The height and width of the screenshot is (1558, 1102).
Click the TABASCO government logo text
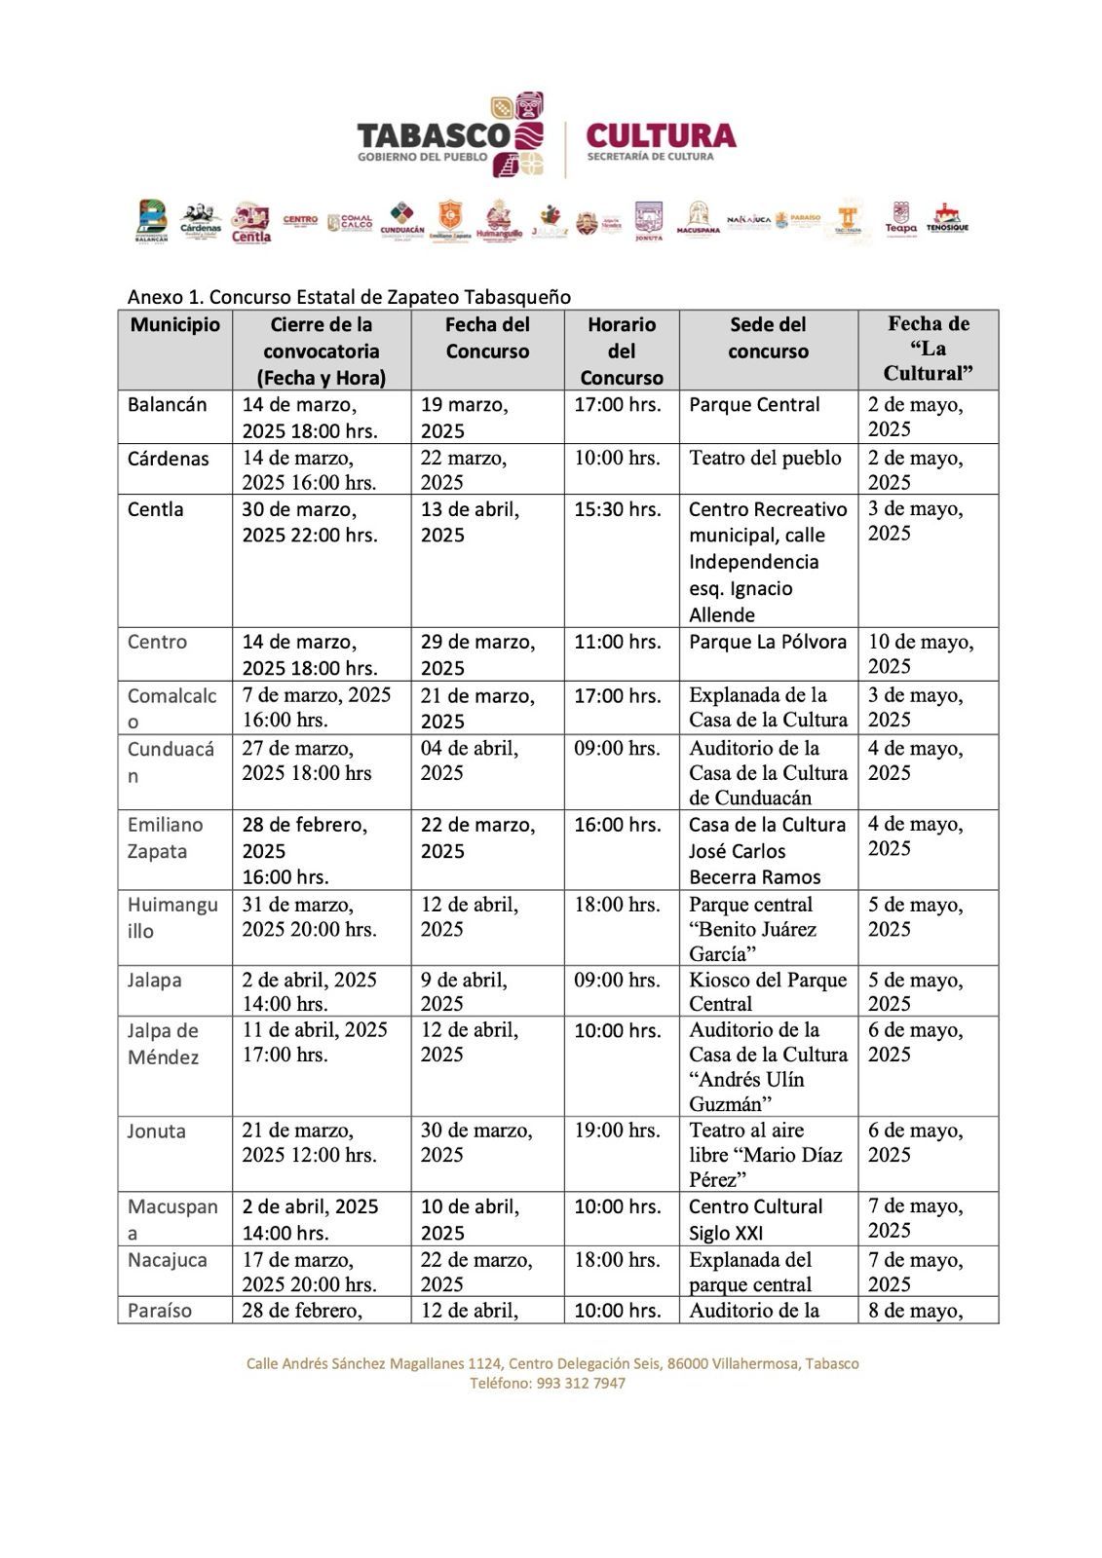click(434, 135)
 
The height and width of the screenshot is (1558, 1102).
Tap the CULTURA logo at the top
click(661, 135)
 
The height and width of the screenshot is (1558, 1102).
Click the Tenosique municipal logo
click(946, 218)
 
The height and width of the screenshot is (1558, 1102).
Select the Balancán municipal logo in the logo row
click(152, 220)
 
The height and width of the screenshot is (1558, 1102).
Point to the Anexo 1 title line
click(349, 297)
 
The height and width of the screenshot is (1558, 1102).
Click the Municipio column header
click(175, 325)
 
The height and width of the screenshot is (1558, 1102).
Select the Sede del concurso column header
click(768, 338)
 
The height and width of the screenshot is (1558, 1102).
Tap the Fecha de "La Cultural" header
click(928, 349)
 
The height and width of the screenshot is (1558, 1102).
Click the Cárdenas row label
click(168, 459)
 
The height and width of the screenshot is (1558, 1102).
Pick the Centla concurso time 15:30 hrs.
click(617, 509)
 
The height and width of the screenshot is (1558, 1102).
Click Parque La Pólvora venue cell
click(768, 642)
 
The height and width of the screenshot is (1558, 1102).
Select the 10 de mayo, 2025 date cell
click(920, 653)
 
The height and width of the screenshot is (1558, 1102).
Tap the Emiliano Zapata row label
click(165, 837)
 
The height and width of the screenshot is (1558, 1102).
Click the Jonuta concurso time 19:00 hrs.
click(617, 1131)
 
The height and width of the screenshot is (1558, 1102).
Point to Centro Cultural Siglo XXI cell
click(755, 1219)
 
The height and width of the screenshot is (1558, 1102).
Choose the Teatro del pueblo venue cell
click(765, 458)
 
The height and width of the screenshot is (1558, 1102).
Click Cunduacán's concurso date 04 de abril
click(470, 760)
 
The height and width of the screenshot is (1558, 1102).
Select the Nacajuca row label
click(167, 1260)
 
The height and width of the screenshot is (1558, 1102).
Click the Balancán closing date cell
click(309, 417)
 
